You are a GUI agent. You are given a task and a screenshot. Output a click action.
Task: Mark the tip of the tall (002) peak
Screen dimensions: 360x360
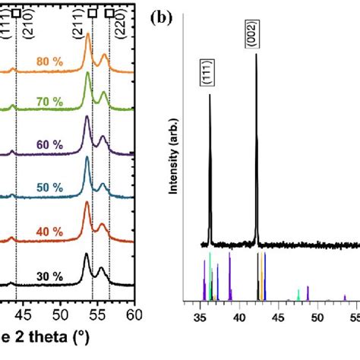(257, 53)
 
